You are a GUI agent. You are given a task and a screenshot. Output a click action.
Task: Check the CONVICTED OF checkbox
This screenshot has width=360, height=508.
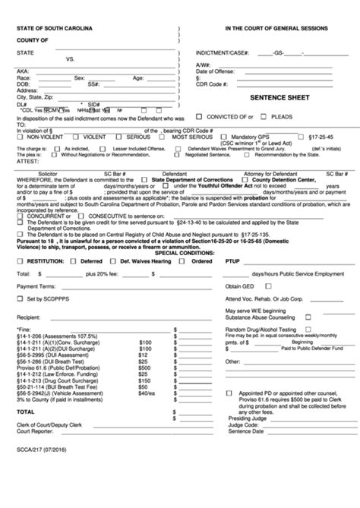(x=199, y=117)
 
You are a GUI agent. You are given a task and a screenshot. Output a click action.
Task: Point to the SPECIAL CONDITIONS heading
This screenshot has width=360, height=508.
(x=180, y=253)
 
